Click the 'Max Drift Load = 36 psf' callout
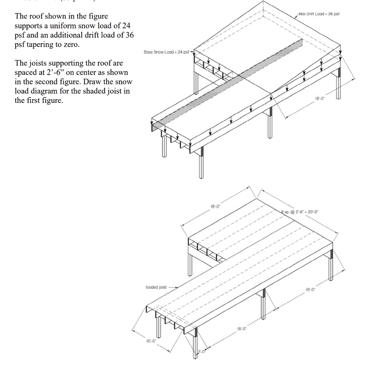319,14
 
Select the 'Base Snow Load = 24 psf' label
166,52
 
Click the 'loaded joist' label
156,287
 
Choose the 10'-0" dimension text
150,341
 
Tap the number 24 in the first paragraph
126,26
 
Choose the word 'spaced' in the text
25,72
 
